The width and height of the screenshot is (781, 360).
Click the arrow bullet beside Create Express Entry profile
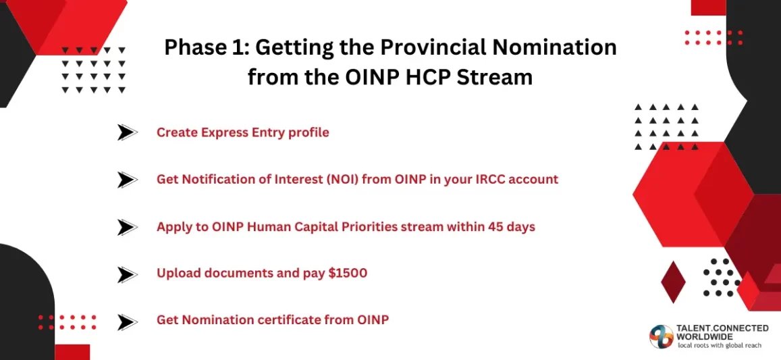[127, 132]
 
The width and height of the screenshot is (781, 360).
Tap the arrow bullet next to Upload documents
[127, 274]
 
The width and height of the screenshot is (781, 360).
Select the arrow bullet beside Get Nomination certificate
[127, 322]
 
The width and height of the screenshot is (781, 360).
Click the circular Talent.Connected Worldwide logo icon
[662, 336]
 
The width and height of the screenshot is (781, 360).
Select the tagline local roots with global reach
[720, 346]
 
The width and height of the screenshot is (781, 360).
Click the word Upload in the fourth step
[178, 274]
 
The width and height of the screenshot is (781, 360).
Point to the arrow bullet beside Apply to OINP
[127, 227]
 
